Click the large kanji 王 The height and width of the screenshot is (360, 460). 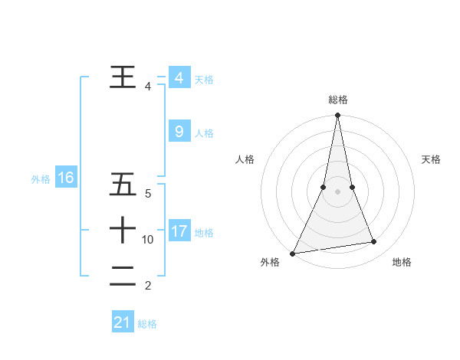[123, 77]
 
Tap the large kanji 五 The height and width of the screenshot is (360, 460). [123, 185]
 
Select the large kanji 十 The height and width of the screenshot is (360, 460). [123, 230]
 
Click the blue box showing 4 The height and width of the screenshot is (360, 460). [179, 77]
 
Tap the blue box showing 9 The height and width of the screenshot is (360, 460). [179, 132]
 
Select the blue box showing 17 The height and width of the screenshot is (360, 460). [179, 231]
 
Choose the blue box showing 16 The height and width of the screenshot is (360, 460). [65, 178]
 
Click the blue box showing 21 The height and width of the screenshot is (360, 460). [123, 322]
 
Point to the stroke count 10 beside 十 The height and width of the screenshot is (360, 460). [148, 240]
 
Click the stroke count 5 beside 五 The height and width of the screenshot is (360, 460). [147, 194]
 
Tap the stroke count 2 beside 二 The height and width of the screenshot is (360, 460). [147, 286]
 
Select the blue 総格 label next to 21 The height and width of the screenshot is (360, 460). [147, 324]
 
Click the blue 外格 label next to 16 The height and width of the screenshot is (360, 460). [41, 179]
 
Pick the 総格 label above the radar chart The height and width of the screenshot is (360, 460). [337, 100]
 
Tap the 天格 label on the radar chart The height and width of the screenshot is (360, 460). [432, 159]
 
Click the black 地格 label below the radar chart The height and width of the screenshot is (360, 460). [402, 262]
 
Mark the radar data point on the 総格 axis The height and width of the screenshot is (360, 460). [337, 116]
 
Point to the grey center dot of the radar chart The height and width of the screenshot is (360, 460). [337, 191]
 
